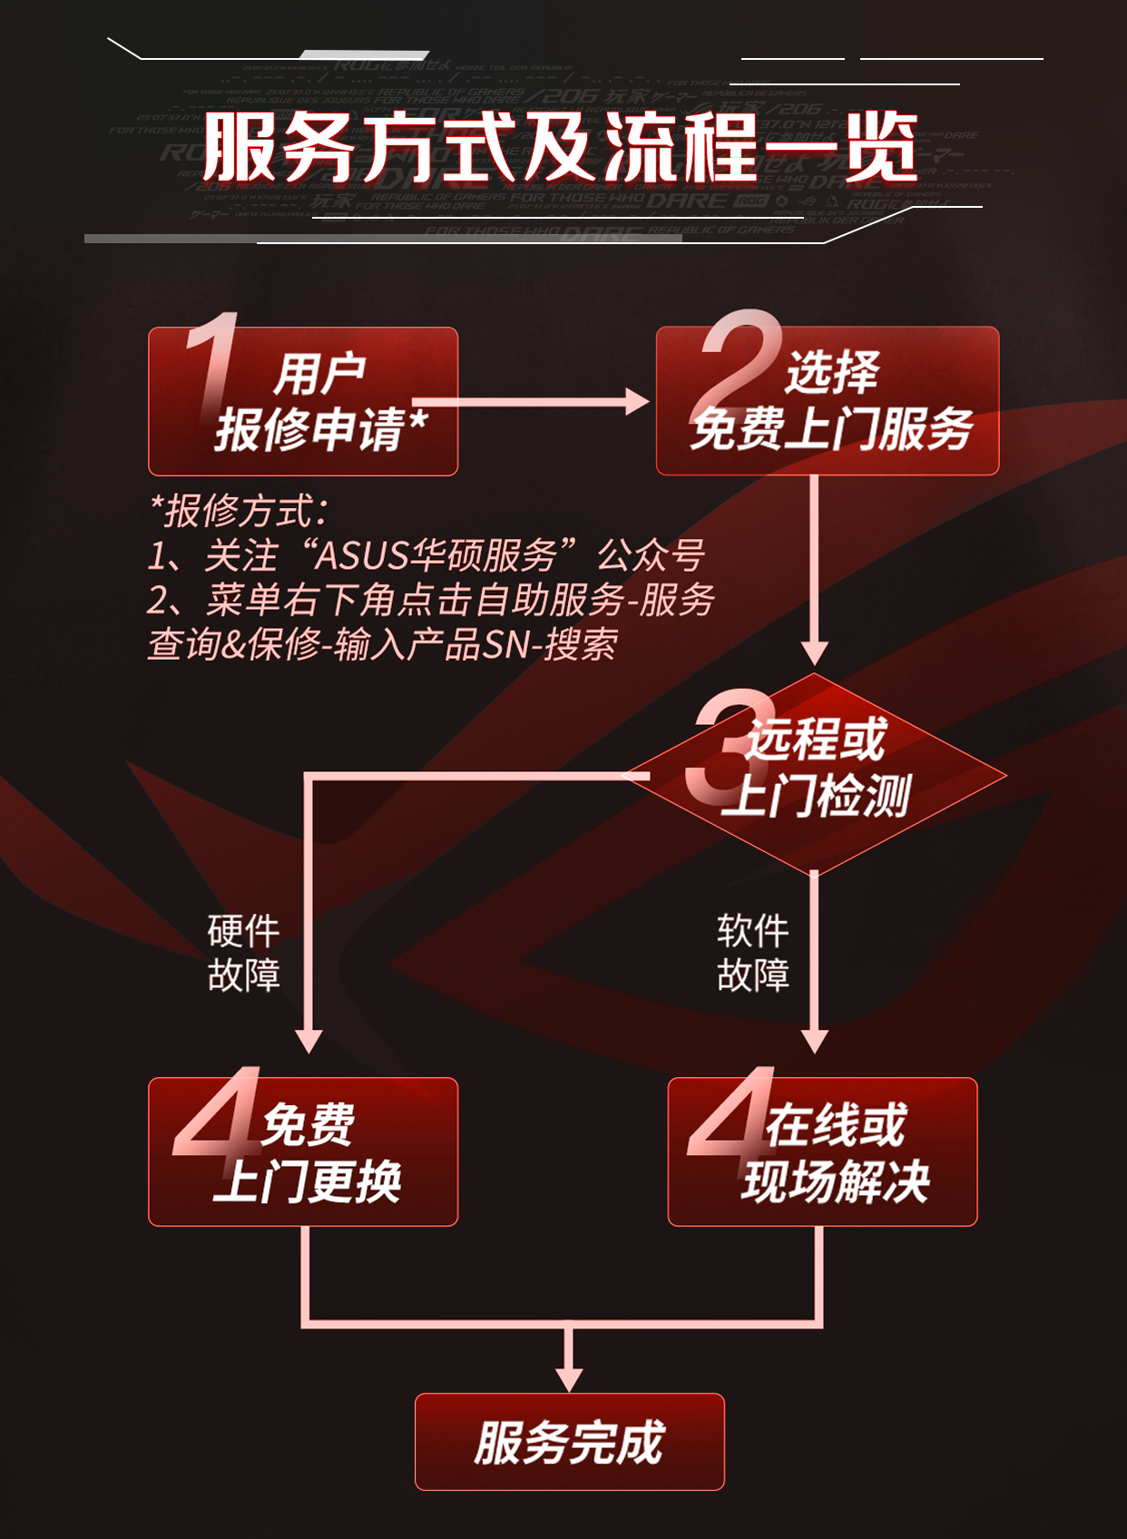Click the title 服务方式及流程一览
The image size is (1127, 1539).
click(561, 147)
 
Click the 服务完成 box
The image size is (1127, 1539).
click(569, 1442)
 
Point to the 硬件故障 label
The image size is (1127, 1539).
click(243, 953)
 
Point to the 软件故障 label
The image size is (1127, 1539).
click(752, 953)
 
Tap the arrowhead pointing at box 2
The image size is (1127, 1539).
click(637, 402)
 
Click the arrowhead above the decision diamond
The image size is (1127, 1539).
click(815, 652)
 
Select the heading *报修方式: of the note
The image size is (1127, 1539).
click(240, 511)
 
